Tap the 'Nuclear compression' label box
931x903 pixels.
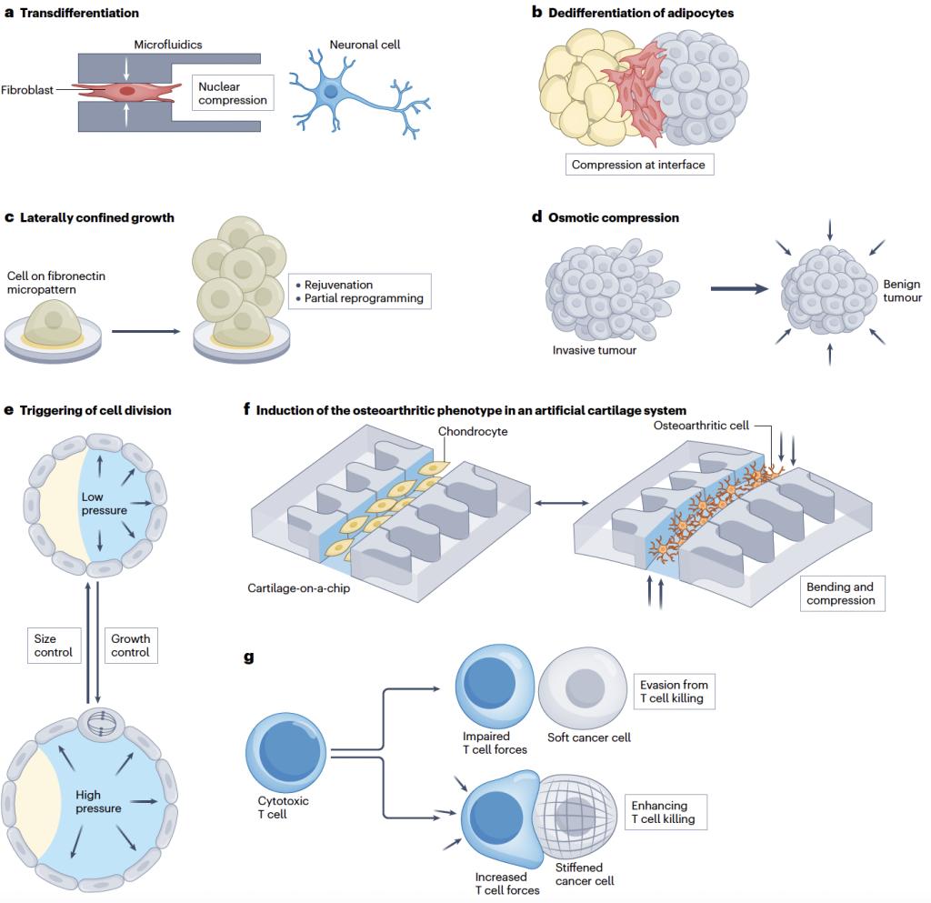(233, 93)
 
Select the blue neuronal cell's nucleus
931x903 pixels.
(331, 92)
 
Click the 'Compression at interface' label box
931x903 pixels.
(637, 166)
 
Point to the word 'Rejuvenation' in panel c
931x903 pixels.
(335, 285)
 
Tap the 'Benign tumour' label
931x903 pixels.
(902, 291)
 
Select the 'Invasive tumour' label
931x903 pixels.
(595, 350)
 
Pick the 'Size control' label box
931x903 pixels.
(53, 646)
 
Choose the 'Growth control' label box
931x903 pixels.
(130, 646)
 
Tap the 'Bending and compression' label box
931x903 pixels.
(841, 594)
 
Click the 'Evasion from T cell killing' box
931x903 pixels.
(674, 691)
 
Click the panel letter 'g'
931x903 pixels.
(249, 657)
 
